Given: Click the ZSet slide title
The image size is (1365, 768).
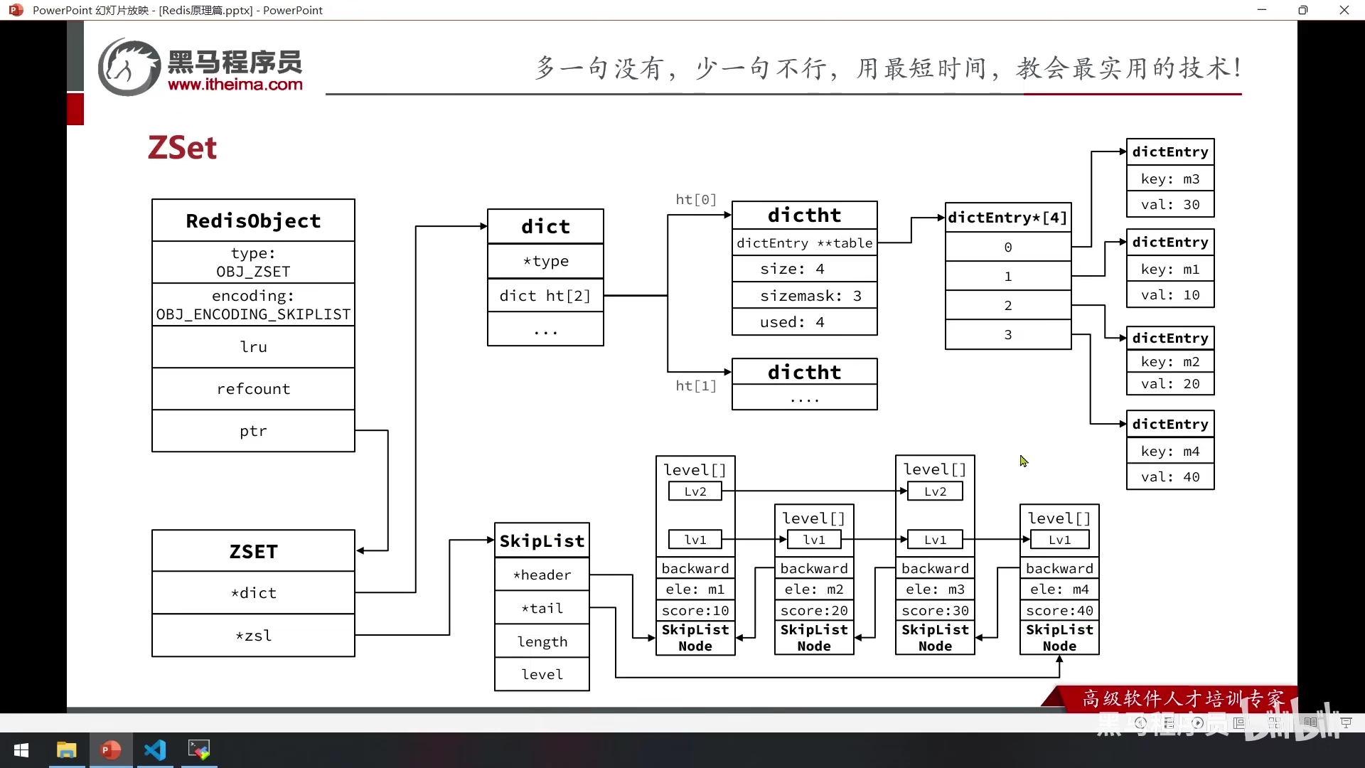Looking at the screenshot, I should pos(182,148).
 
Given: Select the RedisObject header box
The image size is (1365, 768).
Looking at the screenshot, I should pos(253,220).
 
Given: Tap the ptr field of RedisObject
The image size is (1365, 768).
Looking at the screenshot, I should pos(253,431).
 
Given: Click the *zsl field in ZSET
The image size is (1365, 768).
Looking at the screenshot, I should pos(253,636).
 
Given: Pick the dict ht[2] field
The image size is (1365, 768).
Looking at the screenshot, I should pos(545,296).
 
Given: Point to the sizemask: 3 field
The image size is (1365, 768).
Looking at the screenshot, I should pos(804,296).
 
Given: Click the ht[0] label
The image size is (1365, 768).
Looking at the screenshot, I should pos(696,200).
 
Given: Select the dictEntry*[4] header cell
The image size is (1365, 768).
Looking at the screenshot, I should pos(1007,218).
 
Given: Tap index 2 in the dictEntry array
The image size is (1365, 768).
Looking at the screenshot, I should pos(1007,306).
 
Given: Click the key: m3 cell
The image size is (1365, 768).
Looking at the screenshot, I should pos(1170,179).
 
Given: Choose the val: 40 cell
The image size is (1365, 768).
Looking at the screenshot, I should pos(1170,477).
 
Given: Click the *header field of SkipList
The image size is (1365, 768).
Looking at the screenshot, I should pos(542,575).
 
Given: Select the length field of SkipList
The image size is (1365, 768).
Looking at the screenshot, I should pos(542,642).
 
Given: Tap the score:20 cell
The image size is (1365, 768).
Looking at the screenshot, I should pos(814,611).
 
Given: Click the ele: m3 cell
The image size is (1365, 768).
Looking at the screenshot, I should pos(935,590).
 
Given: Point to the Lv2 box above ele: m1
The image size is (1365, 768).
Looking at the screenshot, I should pos(695,491).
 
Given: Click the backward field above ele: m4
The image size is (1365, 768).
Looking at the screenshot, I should pos(1059,568).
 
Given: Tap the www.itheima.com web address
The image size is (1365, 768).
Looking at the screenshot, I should pos(235,85).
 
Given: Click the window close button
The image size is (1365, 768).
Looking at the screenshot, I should pos(1344,10).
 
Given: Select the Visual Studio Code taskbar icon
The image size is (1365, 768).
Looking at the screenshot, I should pos(155,750).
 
